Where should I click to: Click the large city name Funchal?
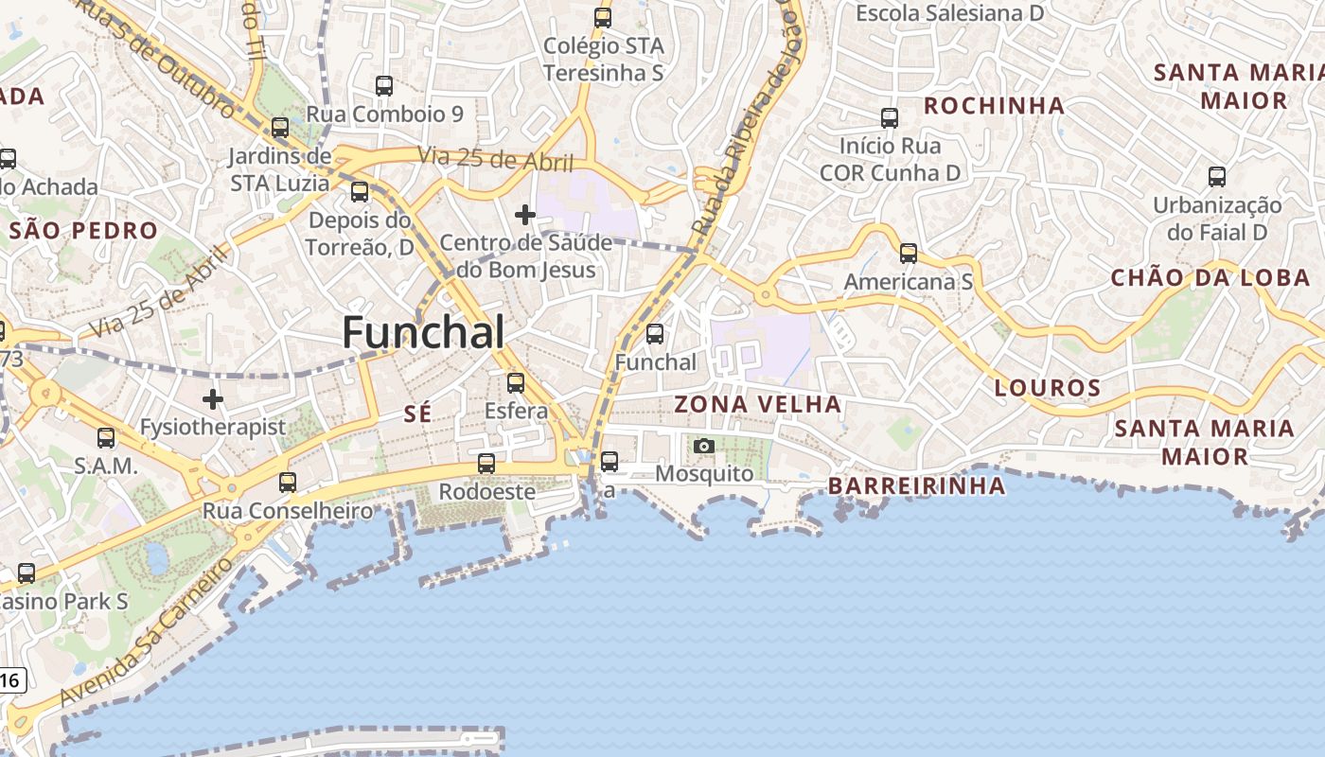pyautogui.click(x=422, y=332)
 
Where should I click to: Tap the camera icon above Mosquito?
pyautogui.click(x=703, y=446)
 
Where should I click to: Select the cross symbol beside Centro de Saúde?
pyautogui.click(x=525, y=215)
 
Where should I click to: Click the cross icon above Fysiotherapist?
pyautogui.click(x=213, y=399)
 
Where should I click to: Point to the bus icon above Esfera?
pyautogui.click(x=516, y=382)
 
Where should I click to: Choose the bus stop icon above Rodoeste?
pyautogui.click(x=486, y=463)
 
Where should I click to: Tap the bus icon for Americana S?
pyautogui.click(x=909, y=253)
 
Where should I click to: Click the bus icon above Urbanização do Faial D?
pyautogui.click(x=1217, y=176)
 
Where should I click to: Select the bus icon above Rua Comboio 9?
pyautogui.click(x=384, y=86)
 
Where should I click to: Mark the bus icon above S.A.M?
pyautogui.click(x=106, y=438)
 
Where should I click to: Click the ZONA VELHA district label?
pyautogui.click(x=757, y=404)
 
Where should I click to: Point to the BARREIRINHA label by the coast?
pyautogui.click(x=916, y=485)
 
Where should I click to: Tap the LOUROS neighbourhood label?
pyautogui.click(x=1048, y=387)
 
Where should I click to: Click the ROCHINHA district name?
pyautogui.click(x=994, y=105)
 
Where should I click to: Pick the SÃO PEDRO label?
pyautogui.click(x=83, y=230)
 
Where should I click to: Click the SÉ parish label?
pyautogui.click(x=417, y=413)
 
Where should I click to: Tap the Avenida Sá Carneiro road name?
pyautogui.click(x=145, y=632)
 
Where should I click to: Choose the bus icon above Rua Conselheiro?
pyautogui.click(x=288, y=483)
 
